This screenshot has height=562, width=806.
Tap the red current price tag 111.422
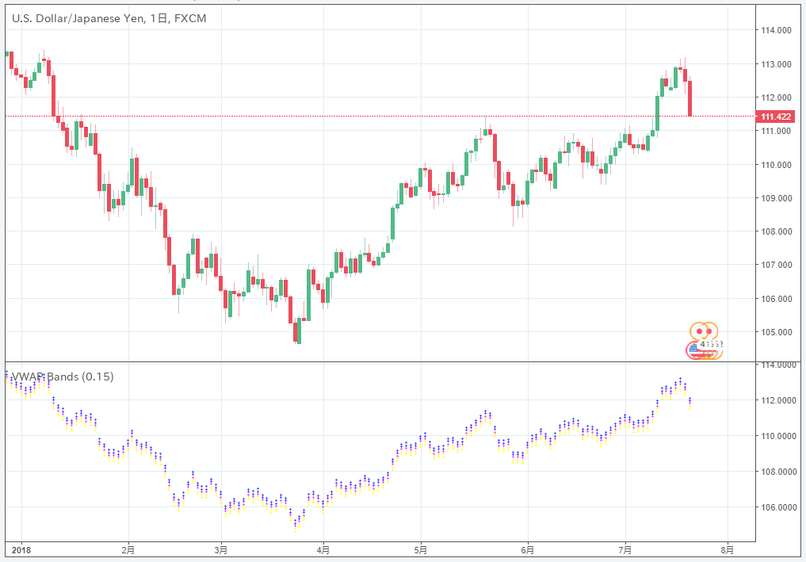pyautogui.click(x=777, y=117)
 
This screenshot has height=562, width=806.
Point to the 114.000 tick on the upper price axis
pyautogui.click(x=776, y=31)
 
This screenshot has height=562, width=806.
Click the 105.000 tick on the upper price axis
pyautogui.click(x=776, y=332)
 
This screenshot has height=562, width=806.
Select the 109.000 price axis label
pyautogui.click(x=776, y=198)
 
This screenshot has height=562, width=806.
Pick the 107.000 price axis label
pyautogui.click(x=776, y=265)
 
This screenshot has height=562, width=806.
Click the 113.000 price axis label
pyautogui.click(x=776, y=64)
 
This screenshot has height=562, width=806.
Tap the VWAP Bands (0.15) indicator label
pyautogui.click(x=62, y=377)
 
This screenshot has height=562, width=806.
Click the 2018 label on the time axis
pyautogui.click(x=21, y=549)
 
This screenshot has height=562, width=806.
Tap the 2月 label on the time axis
pyautogui.click(x=128, y=549)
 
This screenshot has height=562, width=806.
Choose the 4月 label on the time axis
pyautogui.click(x=323, y=549)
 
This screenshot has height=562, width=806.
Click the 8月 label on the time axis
pyautogui.click(x=728, y=549)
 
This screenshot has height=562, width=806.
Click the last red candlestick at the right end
pyautogui.click(x=690, y=97)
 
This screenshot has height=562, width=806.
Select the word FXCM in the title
pyautogui.click(x=190, y=17)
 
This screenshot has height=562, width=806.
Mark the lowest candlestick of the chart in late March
pyautogui.click(x=299, y=331)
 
